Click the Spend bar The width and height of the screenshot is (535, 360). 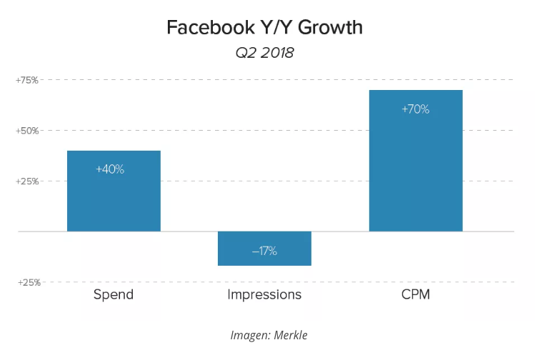pos(114,200)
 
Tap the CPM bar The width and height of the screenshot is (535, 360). pos(416,171)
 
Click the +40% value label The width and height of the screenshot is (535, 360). pos(110,169)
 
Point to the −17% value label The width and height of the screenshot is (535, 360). pos(264,251)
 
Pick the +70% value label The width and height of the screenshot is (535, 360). pos(416,109)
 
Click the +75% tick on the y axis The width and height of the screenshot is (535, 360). pos(27,80)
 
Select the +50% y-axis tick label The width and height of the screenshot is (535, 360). pos(27,131)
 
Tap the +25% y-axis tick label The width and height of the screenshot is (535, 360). pos(27,181)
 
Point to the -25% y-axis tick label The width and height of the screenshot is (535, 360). pos(27,282)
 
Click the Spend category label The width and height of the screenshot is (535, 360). pos(114,294)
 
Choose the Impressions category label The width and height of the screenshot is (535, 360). pos(264,294)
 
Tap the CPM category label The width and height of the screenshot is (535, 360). pos(416,294)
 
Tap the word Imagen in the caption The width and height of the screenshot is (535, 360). pos(247,335)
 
